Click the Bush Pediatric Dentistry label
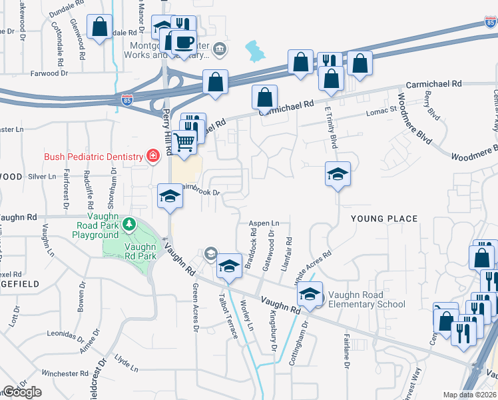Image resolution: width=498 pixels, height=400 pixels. [93, 157]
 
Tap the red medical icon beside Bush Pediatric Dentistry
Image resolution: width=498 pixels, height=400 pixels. [152, 157]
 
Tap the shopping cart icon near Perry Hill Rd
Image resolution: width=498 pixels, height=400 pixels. [185, 140]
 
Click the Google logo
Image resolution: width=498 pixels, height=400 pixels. [22, 392]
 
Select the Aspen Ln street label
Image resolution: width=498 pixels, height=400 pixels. [264, 223]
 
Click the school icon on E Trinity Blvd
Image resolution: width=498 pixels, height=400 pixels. [338, 174]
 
